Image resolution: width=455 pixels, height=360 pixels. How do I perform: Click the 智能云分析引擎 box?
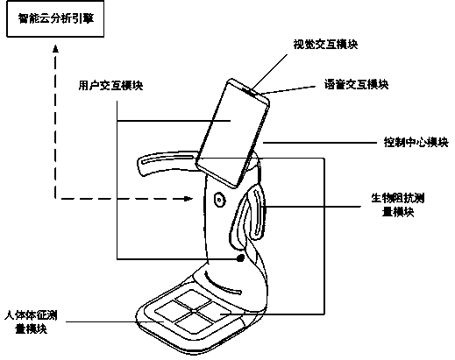(x=55, y=19)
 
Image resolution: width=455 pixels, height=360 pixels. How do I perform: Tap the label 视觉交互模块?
(x=325, y=45)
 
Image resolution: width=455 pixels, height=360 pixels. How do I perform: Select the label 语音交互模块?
(x=356, y=85)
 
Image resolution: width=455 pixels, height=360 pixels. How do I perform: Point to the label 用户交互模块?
(x=110, y=86)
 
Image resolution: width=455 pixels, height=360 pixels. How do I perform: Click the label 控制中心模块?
(x=416, y=143)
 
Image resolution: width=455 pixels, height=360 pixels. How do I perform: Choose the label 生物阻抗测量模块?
(x=398, y=205)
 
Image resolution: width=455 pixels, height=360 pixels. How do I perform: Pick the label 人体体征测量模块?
(x=31, y=322)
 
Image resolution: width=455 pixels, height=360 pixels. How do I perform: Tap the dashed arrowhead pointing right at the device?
(x=188, y=199)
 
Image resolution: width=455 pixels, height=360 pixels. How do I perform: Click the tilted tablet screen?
(x=232, y=133)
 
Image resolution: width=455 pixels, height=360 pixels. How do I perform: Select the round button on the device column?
(x=219, y=200)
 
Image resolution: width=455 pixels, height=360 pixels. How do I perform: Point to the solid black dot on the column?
(x=240, y=258)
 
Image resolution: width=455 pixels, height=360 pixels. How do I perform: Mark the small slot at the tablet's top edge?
(x=250, y=91)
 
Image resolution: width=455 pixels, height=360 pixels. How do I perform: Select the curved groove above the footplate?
(x=222, y=283)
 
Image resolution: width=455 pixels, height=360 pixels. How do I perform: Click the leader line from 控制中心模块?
(x=320, y=143)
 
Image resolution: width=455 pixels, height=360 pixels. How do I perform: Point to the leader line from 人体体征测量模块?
(x=115, y=321)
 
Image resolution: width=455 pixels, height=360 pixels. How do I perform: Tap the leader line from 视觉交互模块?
(x=269, y=72)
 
